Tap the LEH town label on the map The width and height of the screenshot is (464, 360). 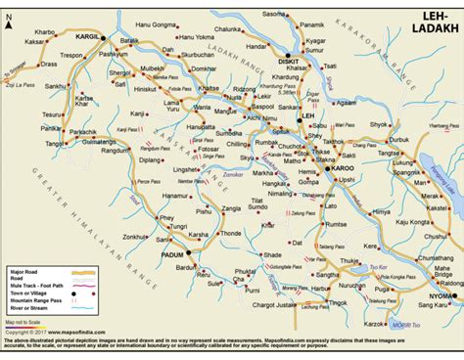tap(307, 116)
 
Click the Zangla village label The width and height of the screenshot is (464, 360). tap(230, 208)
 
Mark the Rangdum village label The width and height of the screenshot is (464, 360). tap(118, 150)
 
